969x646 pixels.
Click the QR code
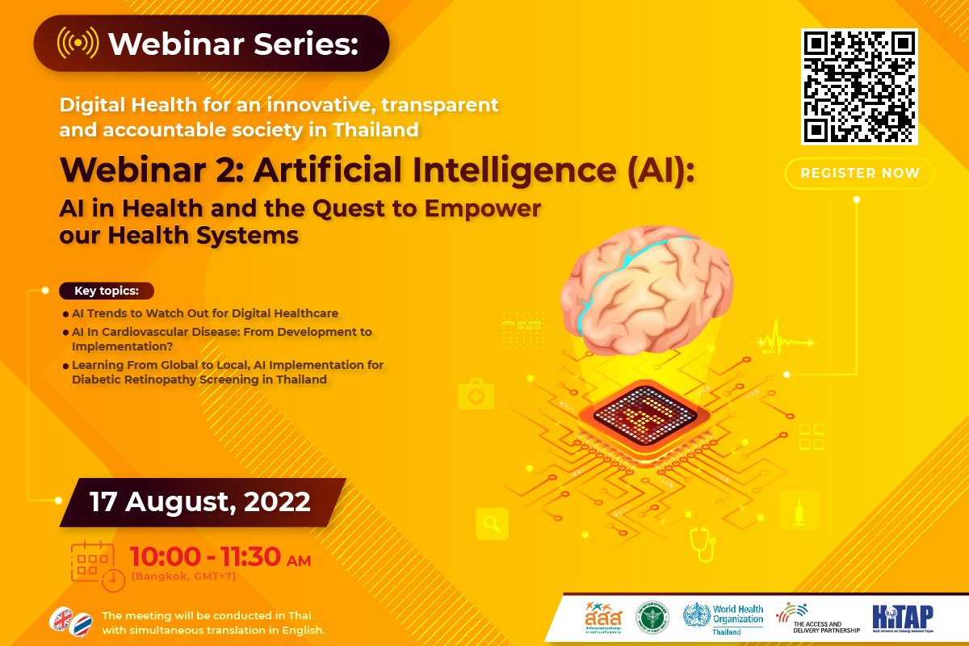(x=859, y=86)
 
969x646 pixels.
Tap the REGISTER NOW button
(x=859, y=173)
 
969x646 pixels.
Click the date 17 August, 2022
(x=200, y=501)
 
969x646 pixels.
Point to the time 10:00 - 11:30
(x=205, y=557)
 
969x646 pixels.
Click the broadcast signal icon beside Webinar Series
(x=78, y=43)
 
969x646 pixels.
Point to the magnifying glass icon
(x=492, y=524)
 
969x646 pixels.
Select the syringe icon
(x=799, y=510)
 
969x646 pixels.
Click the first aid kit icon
(x=476, y=395)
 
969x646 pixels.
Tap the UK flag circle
(x=61, y=618)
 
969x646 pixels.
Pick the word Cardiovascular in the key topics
(x=139, y=332)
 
